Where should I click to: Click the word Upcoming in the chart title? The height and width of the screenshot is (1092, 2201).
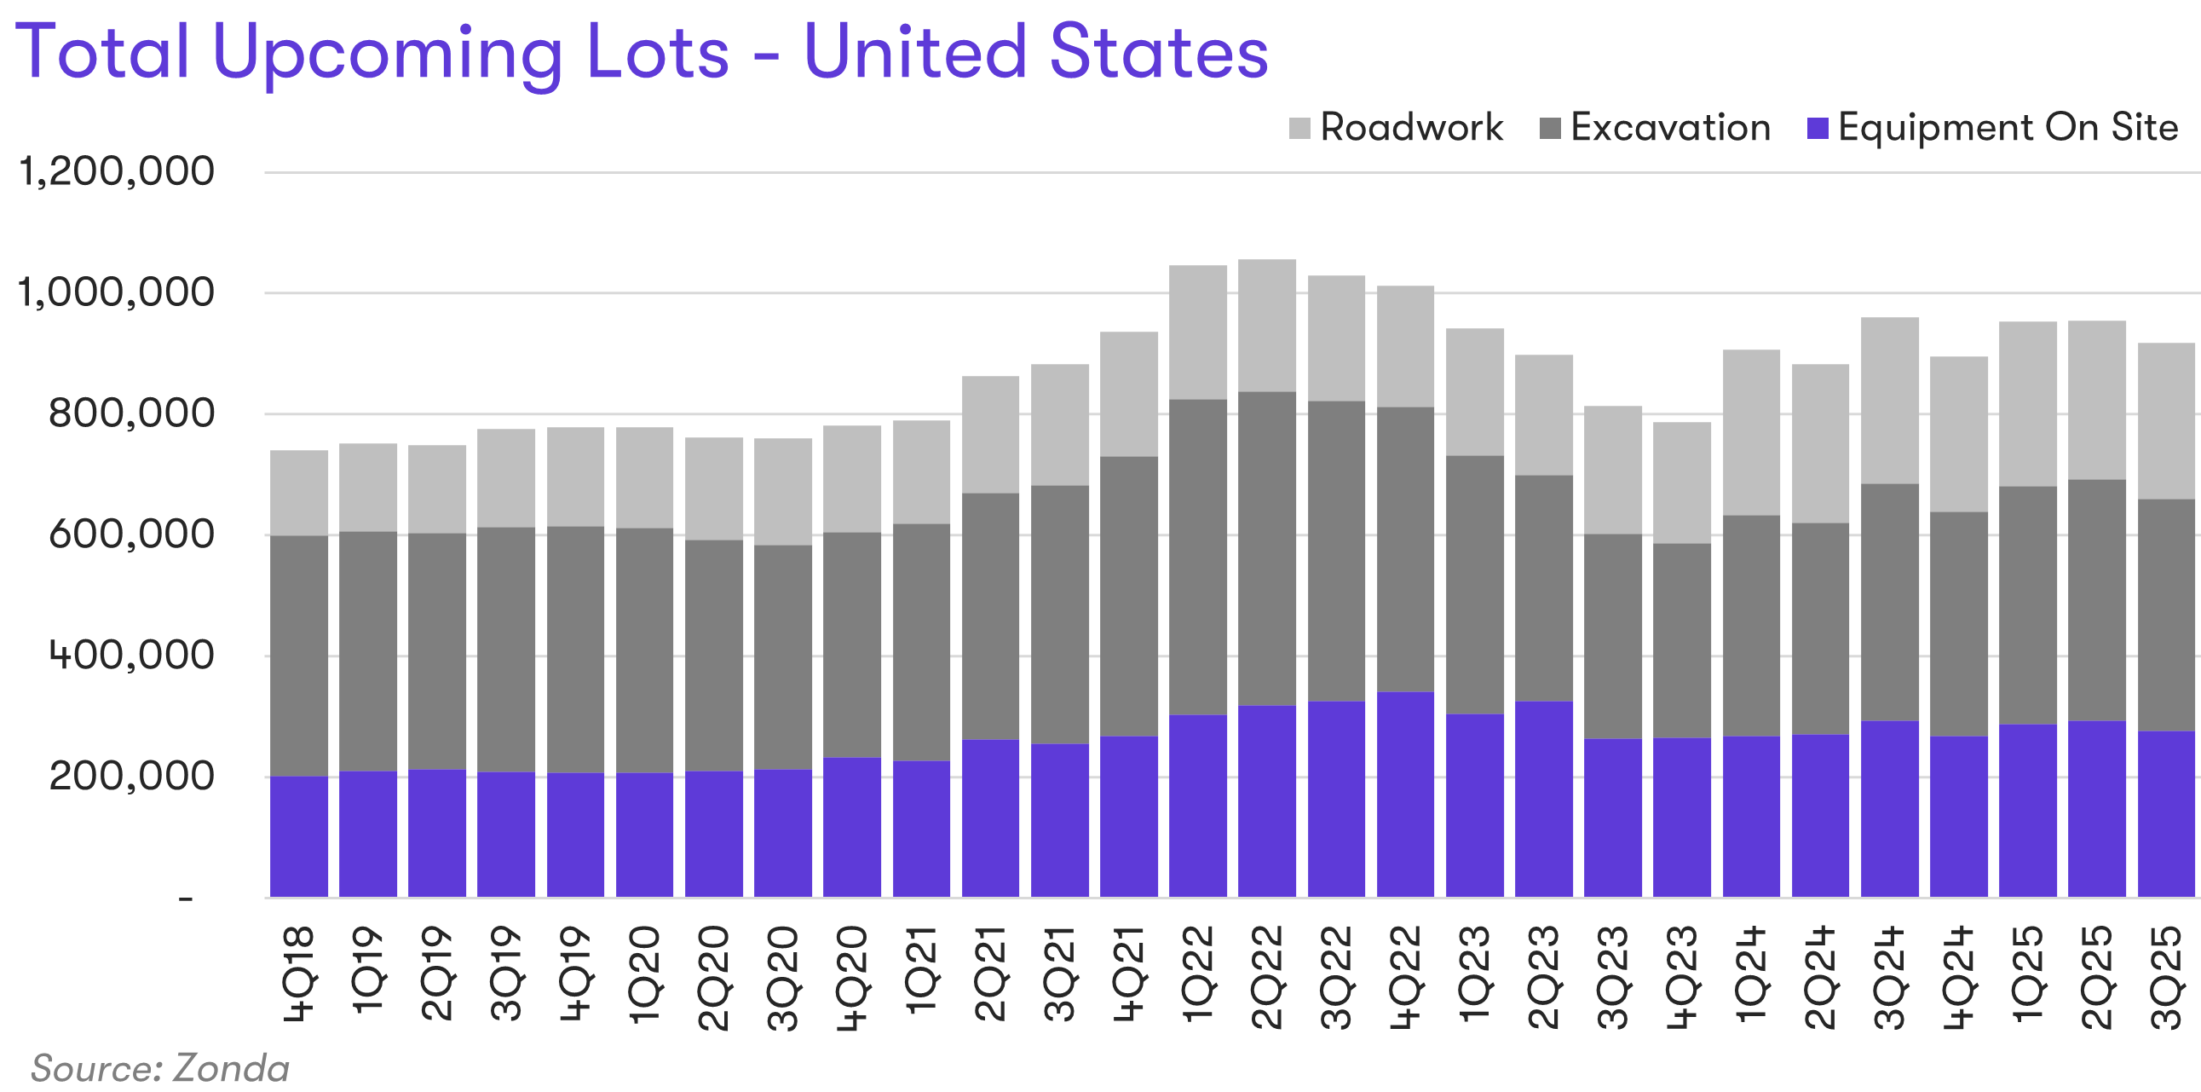pos(387,53)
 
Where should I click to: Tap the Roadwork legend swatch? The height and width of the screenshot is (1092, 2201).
pos(1299,129)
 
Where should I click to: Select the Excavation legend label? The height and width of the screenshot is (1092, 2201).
pos(1670,127)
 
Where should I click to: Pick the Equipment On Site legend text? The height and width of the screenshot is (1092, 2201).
pos(2008,127)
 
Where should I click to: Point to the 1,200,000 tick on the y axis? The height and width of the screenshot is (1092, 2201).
pos(116,170)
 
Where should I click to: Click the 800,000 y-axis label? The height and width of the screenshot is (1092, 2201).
pos(131,413)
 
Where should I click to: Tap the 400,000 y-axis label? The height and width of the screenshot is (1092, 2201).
pos(131,656)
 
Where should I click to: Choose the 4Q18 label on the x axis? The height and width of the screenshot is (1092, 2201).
pos(299,974)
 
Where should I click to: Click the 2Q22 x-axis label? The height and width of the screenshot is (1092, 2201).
pos(1267,977)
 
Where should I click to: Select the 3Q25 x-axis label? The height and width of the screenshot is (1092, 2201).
pos(2166,977)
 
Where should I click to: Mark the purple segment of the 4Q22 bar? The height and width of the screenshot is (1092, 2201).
pos(1405,794)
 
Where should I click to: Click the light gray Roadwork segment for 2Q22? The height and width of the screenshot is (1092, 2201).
pos(1267,326)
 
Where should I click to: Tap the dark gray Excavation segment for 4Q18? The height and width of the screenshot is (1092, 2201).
pos(299,656)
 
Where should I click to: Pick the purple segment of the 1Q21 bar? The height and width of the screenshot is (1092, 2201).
pos(921,829)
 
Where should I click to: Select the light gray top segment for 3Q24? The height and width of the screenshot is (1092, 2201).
pos(1889,401)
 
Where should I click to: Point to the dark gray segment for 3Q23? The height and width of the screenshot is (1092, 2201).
pos(1613,637)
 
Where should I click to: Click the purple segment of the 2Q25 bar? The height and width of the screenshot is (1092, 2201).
pos(2097,808)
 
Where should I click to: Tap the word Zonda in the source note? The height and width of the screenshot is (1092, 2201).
pos(232,1069)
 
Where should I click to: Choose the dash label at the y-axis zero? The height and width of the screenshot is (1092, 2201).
pos(186,898)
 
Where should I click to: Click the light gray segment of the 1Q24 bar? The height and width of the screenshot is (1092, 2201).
pos(1751,432)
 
